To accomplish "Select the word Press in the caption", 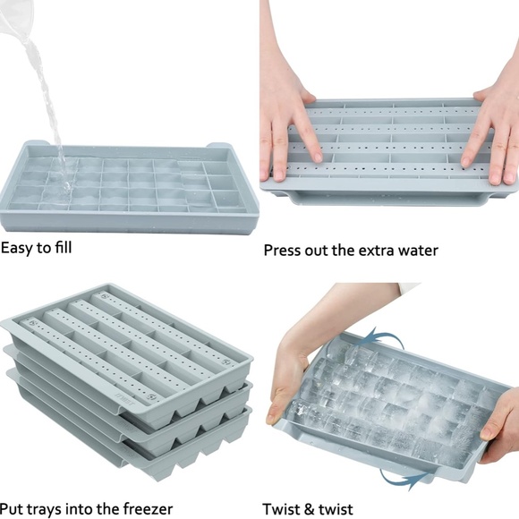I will tap(284, 251).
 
